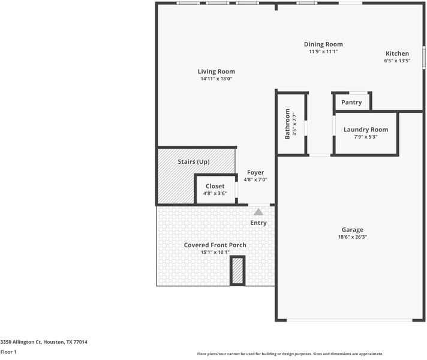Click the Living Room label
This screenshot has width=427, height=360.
(216, 71)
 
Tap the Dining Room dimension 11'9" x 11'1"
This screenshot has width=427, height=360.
(323, 52)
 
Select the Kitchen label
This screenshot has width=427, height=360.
(397, 53)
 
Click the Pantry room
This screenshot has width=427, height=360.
(351, 102)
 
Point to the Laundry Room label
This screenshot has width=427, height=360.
(365, 130)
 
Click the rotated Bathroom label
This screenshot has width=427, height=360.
(288, 124)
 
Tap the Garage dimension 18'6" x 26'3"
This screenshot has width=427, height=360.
(352, 237)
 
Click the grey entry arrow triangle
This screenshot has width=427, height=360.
(258, 212)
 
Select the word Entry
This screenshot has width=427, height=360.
(258, 223)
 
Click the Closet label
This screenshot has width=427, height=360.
(215, 186)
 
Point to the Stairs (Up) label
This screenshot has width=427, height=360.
(194, 162)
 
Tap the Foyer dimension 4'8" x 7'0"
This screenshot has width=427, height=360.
(255, 179)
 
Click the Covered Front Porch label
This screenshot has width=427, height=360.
(215, 245)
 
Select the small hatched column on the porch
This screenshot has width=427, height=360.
(238, 271)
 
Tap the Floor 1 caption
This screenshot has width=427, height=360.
(8, 352)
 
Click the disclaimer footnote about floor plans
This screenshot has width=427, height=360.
(290, 354)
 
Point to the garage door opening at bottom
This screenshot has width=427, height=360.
(350, 320)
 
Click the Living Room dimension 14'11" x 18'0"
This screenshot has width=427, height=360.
(216, 79)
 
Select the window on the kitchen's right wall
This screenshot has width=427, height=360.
(423, 58)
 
